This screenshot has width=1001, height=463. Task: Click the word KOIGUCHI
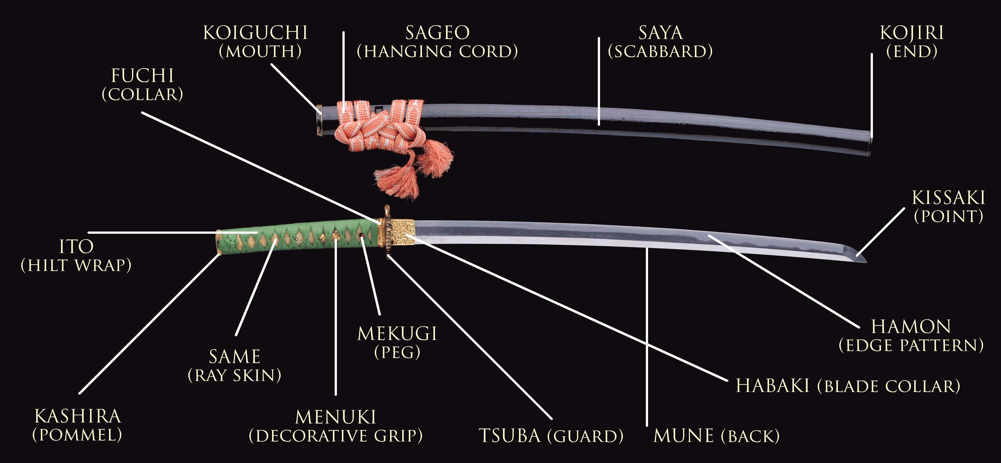(x=255, y=33)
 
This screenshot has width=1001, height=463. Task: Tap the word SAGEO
(x=437, y=33)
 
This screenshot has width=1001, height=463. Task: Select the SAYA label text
(x=661, y=33)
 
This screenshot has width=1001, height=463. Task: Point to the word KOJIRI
(x=912, y=33)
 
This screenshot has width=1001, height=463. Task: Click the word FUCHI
(x=142, y=76)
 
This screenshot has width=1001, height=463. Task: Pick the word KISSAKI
(x=948, y=198)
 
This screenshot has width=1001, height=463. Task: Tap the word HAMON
(x=911, y=327)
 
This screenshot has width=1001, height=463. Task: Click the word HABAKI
(x=772, y=386)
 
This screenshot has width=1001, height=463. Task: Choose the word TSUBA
(x=510, y=436)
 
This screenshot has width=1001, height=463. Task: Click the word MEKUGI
(x=397, y=334)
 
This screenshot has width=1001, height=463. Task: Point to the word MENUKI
(x=336, y=417)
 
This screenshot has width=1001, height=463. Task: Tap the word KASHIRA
(x=78, y=416)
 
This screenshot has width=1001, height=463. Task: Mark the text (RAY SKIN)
(x=234, y=375)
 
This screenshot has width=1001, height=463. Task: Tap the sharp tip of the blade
(x=864, y=260)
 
